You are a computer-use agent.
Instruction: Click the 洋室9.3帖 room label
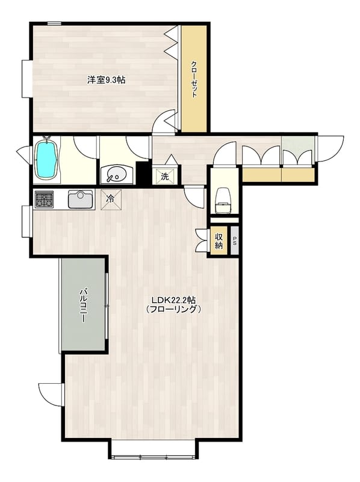tap(106, 80)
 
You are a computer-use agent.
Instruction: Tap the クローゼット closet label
tap(194, 80)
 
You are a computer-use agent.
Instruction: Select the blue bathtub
tap(46, 158)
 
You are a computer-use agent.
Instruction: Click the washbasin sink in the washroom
tap(117, 175)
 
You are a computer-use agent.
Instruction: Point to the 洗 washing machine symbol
tap(165, 177)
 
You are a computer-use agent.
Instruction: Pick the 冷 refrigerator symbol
tap(111, 199)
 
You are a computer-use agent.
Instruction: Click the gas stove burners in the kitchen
tap(45, 199)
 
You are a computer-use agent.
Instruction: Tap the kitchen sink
tap(80, 199)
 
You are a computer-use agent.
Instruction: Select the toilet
tap(223, 201)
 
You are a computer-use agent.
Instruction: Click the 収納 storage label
tap(219, 241)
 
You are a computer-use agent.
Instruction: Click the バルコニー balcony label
tap(83, 305)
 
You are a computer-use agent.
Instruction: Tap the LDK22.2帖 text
tap(174, 299)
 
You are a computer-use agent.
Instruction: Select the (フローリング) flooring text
tap(174, 309)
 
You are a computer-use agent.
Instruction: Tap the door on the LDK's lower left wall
tap(51, 395)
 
